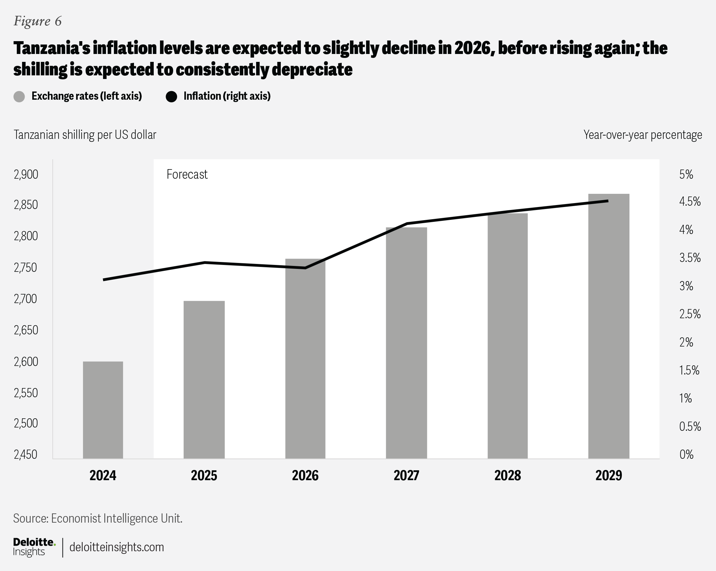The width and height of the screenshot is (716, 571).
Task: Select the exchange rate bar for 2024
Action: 103,410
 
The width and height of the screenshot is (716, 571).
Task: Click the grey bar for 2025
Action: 204,380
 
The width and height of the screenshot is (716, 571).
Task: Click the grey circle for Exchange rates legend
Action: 19,97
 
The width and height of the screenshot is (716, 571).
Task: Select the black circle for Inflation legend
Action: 172,97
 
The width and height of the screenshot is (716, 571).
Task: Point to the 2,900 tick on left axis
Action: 26,174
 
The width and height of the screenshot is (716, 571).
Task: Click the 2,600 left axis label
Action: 26,361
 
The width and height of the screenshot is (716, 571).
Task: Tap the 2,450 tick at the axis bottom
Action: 26,454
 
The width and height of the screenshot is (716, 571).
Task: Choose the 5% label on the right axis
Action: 686,174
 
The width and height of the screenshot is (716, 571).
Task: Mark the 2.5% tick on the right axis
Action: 690,314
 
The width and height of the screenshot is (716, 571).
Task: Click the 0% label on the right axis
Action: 686,454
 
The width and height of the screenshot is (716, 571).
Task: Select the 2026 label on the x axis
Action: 305,476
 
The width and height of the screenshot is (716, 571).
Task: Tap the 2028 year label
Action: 507,476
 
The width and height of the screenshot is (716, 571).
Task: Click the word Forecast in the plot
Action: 187,174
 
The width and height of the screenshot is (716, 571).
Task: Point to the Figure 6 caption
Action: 38,21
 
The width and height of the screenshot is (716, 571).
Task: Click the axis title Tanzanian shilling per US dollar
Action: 85,135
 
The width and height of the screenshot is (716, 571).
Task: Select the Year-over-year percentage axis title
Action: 643,135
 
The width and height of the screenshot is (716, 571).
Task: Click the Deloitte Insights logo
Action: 34,547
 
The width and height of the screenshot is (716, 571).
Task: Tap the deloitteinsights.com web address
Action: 117,547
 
